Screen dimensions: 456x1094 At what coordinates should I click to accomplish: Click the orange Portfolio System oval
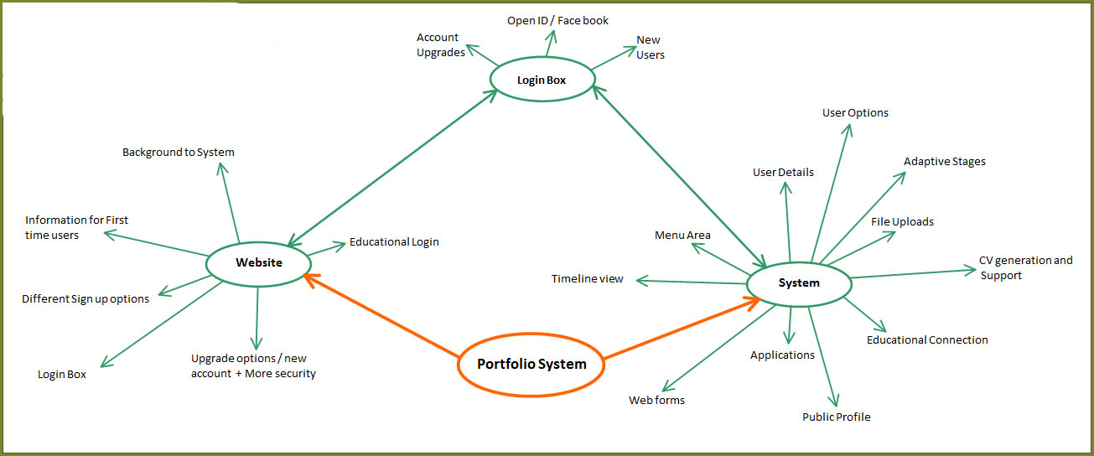click(x=531, y=364)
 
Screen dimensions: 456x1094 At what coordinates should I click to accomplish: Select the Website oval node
click(x=258, y=262)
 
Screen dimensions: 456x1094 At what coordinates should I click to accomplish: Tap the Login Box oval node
click(x=542, y=80)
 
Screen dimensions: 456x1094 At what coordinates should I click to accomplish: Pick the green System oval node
click(x=798, y=282)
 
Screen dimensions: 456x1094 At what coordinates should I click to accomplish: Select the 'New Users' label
click(x=650, y=47)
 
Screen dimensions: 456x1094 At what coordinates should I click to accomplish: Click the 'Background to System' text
click(x=179, y=153)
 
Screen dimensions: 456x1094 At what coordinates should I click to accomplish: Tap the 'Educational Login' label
click(x=394, y=241)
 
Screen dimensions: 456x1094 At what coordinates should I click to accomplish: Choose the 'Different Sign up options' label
click(x=86, y=298)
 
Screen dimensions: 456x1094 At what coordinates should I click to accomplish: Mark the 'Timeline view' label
click(x=588, y=278)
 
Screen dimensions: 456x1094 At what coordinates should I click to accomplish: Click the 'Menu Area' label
click(x=682, y=235)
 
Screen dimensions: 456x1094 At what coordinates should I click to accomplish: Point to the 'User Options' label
click(x=855, y=112)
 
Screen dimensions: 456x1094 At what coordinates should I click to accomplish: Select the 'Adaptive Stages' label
click(x=944, y=161)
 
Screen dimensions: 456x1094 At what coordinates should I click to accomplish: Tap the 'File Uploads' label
click(x=902, y=221)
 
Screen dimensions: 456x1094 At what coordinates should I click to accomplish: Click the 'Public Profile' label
click(x=836, y=417)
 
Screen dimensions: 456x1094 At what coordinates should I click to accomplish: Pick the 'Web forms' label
click(x=656, y=400)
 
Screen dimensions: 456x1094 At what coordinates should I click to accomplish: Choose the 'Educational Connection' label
click(x=927, y=339)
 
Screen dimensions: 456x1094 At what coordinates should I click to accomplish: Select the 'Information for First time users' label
click(x=76, y=227)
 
